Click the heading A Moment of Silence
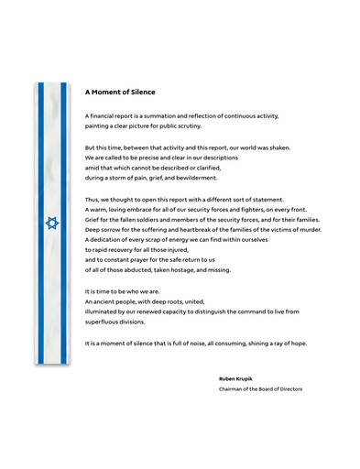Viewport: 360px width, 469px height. tap(120, 92)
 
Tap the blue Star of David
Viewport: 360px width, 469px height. tap(51, 223)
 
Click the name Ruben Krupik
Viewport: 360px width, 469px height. tap(234, 377)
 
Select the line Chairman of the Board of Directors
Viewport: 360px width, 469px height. tap(260, 388)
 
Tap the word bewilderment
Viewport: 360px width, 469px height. tap(200, 178)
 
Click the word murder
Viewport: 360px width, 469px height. tap(308, 230)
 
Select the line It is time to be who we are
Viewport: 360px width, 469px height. tap(122, 290)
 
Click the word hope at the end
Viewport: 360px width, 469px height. tap(299, 343)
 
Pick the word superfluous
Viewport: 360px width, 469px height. tap(104, 322)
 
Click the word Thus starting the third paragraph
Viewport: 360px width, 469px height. tap(93, 200)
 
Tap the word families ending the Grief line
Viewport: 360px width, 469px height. tap(305, 220)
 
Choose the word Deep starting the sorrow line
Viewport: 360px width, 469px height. tap(93, 230)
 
